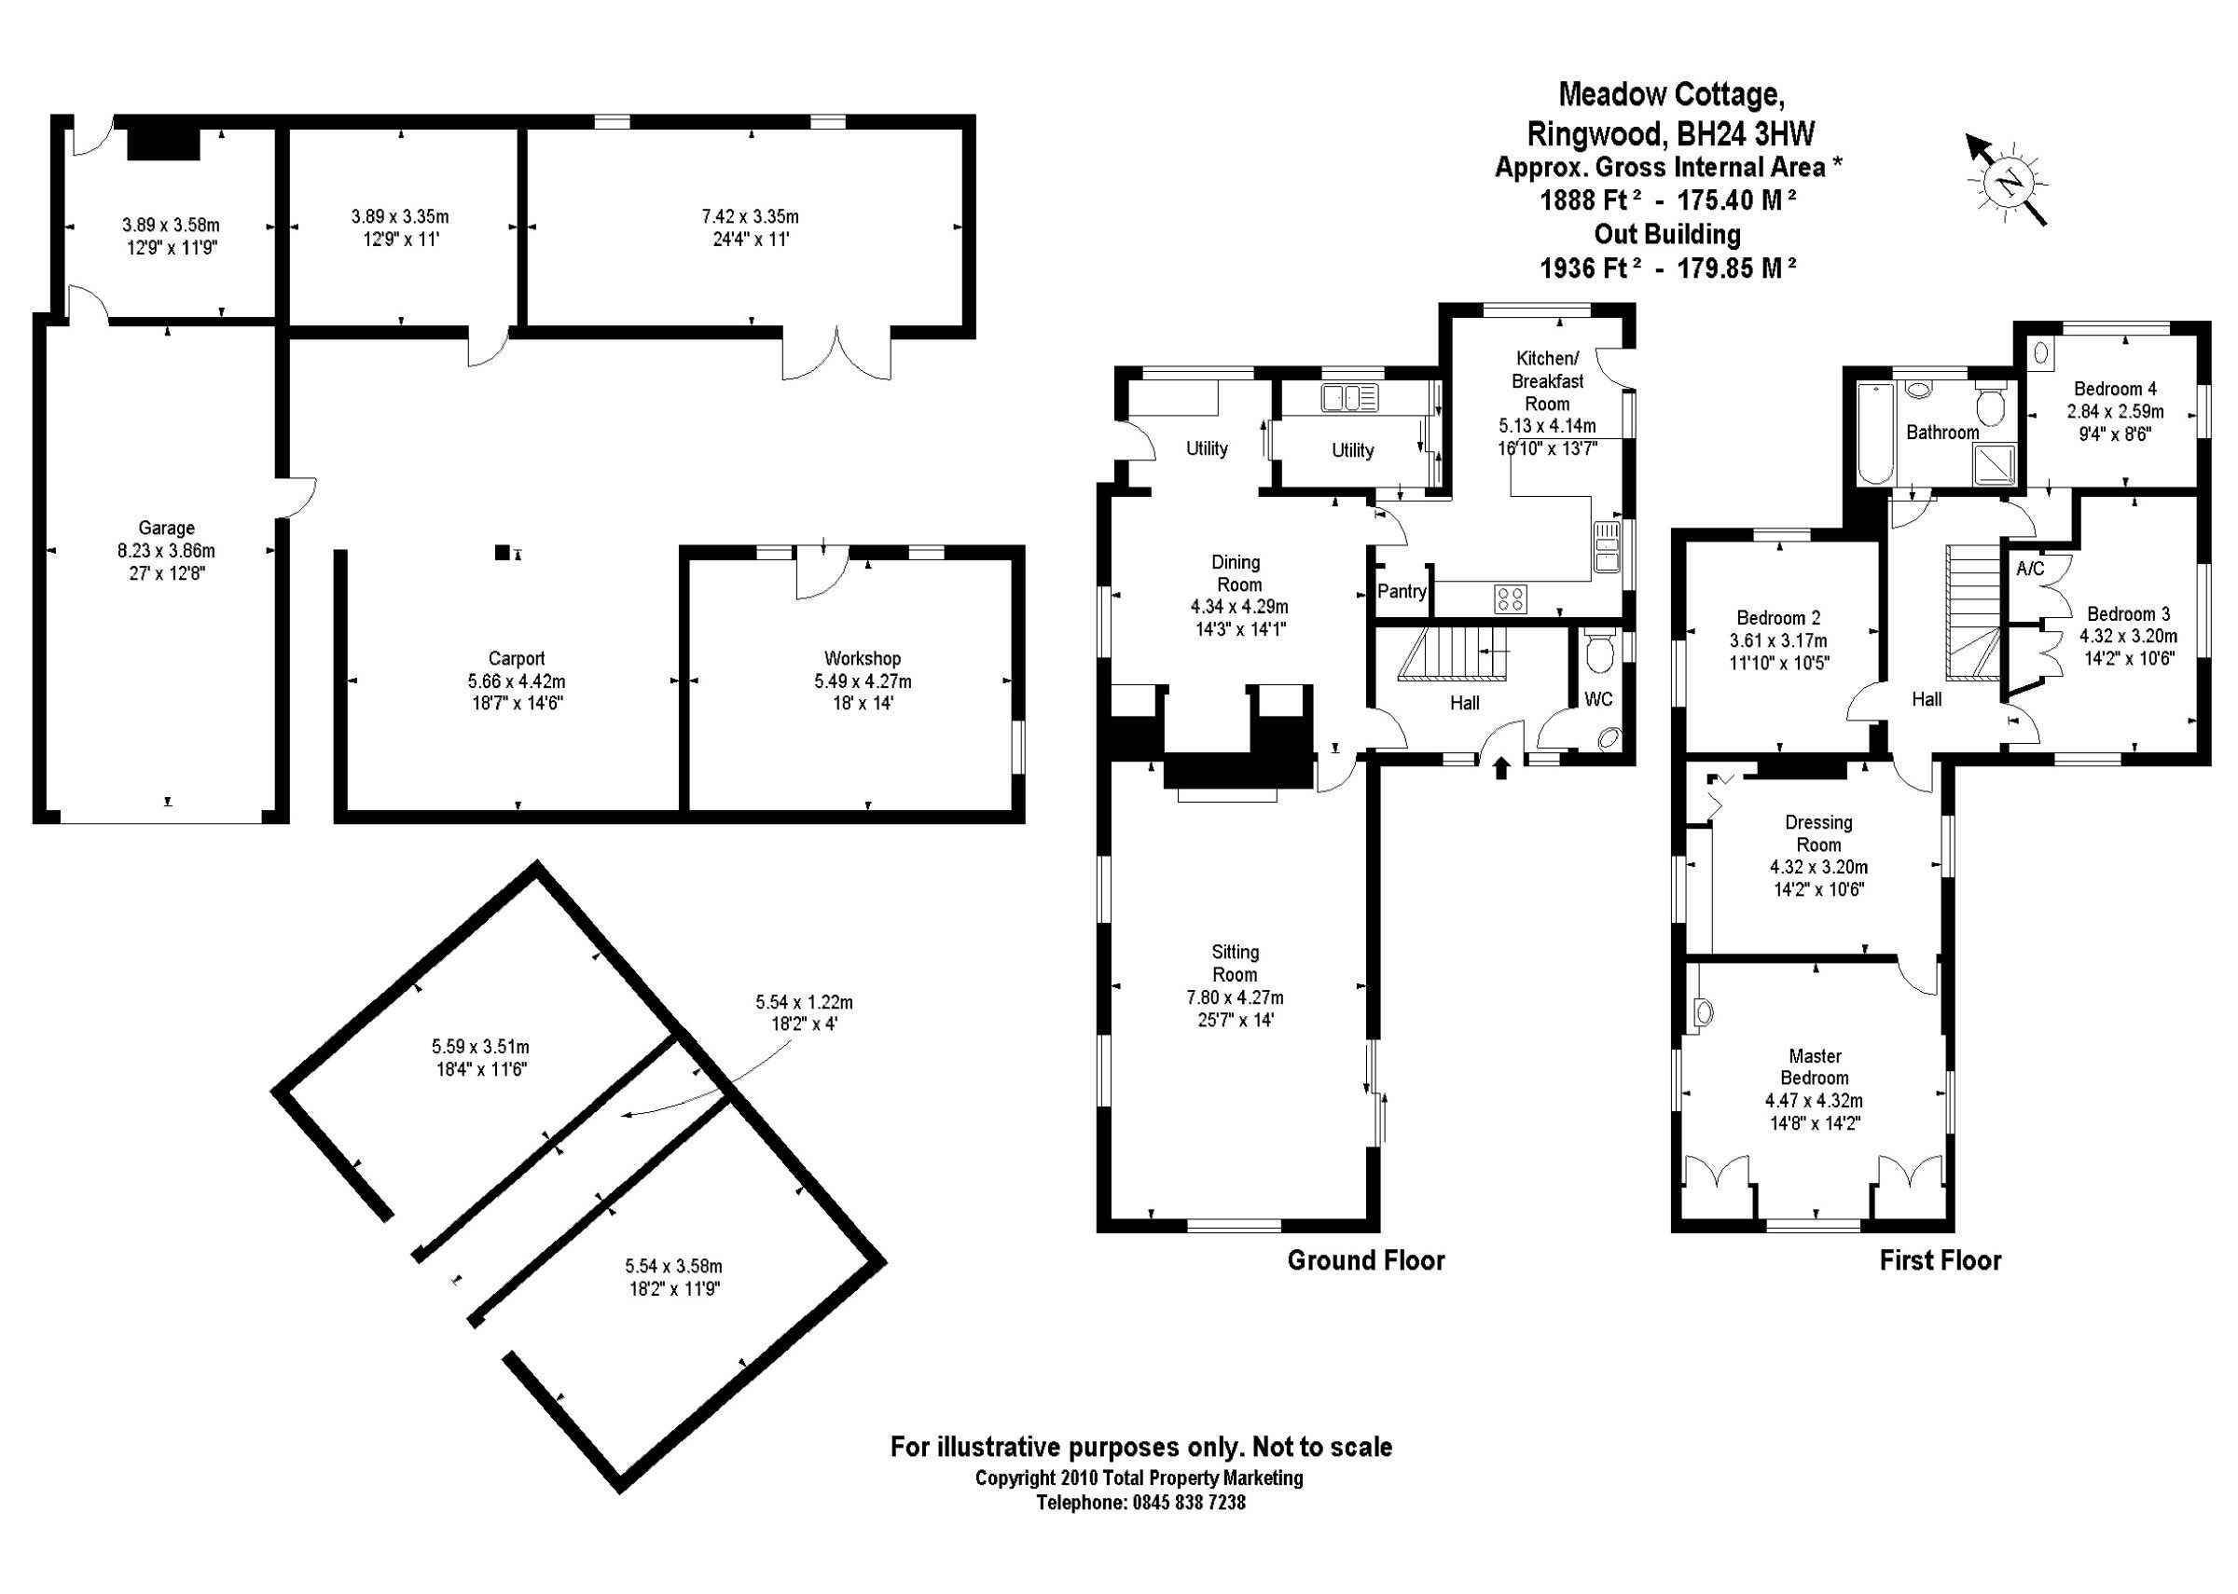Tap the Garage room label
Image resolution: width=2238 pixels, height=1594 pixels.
tap(166, 528)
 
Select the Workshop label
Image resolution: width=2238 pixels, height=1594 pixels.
tap(862, 659)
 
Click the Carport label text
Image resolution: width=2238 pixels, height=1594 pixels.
tap(517, 659)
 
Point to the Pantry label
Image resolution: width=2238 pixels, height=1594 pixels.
tap(1401, 591)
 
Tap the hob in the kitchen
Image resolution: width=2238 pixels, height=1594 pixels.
tap(1510, 598)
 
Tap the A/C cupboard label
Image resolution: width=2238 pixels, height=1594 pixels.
tap(2030, 569)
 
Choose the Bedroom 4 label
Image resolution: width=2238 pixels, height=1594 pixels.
tap(2114, 389)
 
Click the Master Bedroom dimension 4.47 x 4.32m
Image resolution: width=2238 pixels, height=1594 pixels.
tap(1814, 1101)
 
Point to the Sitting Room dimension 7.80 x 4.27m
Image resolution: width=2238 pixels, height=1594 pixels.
tap(1235, 998)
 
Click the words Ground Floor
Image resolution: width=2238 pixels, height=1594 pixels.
tap(1365, 1260)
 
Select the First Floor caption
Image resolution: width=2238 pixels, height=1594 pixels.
tap(1940, 1260)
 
